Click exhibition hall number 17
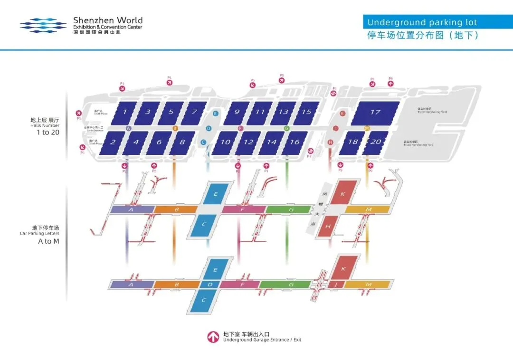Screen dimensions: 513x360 (x=375, y=113)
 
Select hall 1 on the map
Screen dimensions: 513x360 (x=124, y=112)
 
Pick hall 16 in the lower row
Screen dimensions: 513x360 (x=294, y=142)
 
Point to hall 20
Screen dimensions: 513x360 (x=376, y=142)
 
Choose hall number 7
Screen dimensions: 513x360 (x=194, y=112)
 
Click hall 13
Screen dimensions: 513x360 (x=283, y=112)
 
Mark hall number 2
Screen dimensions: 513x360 (x=113, y=142)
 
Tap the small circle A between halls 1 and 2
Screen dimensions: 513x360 (x=128, y=128)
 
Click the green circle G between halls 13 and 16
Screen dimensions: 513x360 (x=286, y=128)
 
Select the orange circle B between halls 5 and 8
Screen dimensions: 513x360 (x=175, y=128)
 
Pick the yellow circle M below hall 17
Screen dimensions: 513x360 (x=367, y=128)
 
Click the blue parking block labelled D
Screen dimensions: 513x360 (x=210, y=284)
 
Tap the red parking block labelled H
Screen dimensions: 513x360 (x=328, y=227)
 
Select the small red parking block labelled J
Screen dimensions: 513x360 (x=335, y=284)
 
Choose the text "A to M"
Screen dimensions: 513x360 (x=46, y=241)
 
